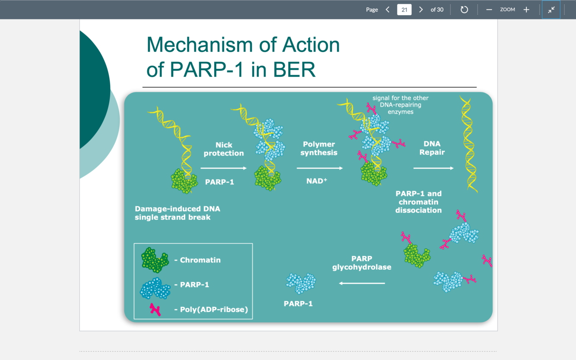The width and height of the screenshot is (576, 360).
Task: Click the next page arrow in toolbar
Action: pyautogui.click(x=421, y=9)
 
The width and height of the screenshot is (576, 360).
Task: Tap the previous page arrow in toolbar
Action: pyautogui.click(x=388, y=9)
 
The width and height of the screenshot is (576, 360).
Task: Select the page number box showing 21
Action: pyautogui.click(x=404, y=9)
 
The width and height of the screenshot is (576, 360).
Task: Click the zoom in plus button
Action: pyautogui.click(x=526, y=9)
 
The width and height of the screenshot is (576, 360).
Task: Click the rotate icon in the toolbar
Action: pyautogui.click(x=464, y=9)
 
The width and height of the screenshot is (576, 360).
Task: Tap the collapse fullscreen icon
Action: pyautogui.click(x=551, y=9)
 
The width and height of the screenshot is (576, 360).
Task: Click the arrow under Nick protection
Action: pyautogui.click(x=223, y=168)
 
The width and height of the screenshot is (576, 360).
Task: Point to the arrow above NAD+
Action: pyautogui.click(x=319, y=168)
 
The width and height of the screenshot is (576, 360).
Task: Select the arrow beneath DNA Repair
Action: pyautogui.click(x=433, y=168)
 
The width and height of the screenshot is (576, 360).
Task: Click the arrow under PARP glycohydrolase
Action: pyautogui.click(x=362, y=283)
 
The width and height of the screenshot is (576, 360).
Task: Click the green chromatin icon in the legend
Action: pyautogui.click(x=155, y=260)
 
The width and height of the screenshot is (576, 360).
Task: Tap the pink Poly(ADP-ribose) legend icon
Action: pyautogui.click(x=155, y=309)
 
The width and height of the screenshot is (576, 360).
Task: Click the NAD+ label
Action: pyautogui.click(x=316, y=181)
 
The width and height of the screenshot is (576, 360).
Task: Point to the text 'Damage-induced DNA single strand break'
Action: pyautogui.click(x=177, y=213)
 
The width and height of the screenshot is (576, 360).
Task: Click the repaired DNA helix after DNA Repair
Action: pyautogui.click(x=468, y=145)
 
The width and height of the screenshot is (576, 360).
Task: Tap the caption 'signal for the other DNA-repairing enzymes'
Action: pyautogui.click(x=400, y=105)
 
